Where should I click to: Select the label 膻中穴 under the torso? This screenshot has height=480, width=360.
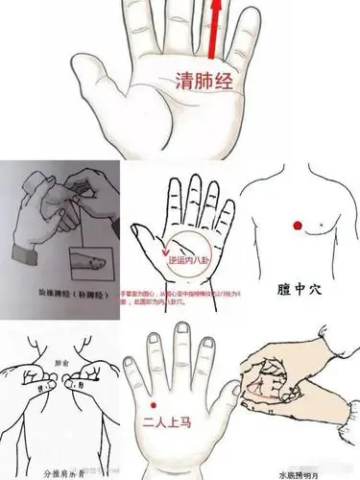(300, 288)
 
